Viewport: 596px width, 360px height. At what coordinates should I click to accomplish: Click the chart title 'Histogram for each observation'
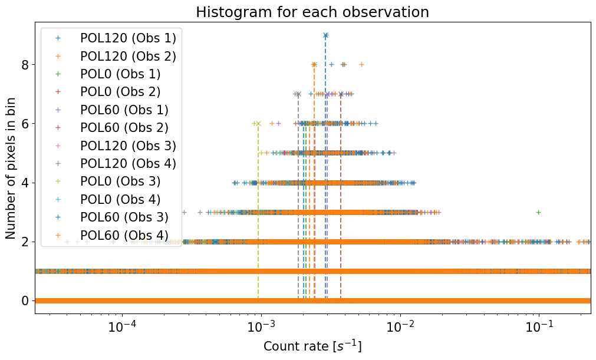pyautogui.click(x=312, y=12)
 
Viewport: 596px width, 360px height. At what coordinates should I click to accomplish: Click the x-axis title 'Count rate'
pyautogui.click(x=312, y=346)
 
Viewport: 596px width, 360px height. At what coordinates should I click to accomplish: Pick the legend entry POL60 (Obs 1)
pyautogui.click(x=124, y=110)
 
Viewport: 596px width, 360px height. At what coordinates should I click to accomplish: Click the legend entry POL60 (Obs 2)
pyautogui.click(x=124, y=128)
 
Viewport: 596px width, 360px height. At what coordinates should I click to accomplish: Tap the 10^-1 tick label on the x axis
pyautogui.click(x=539, y=327)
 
